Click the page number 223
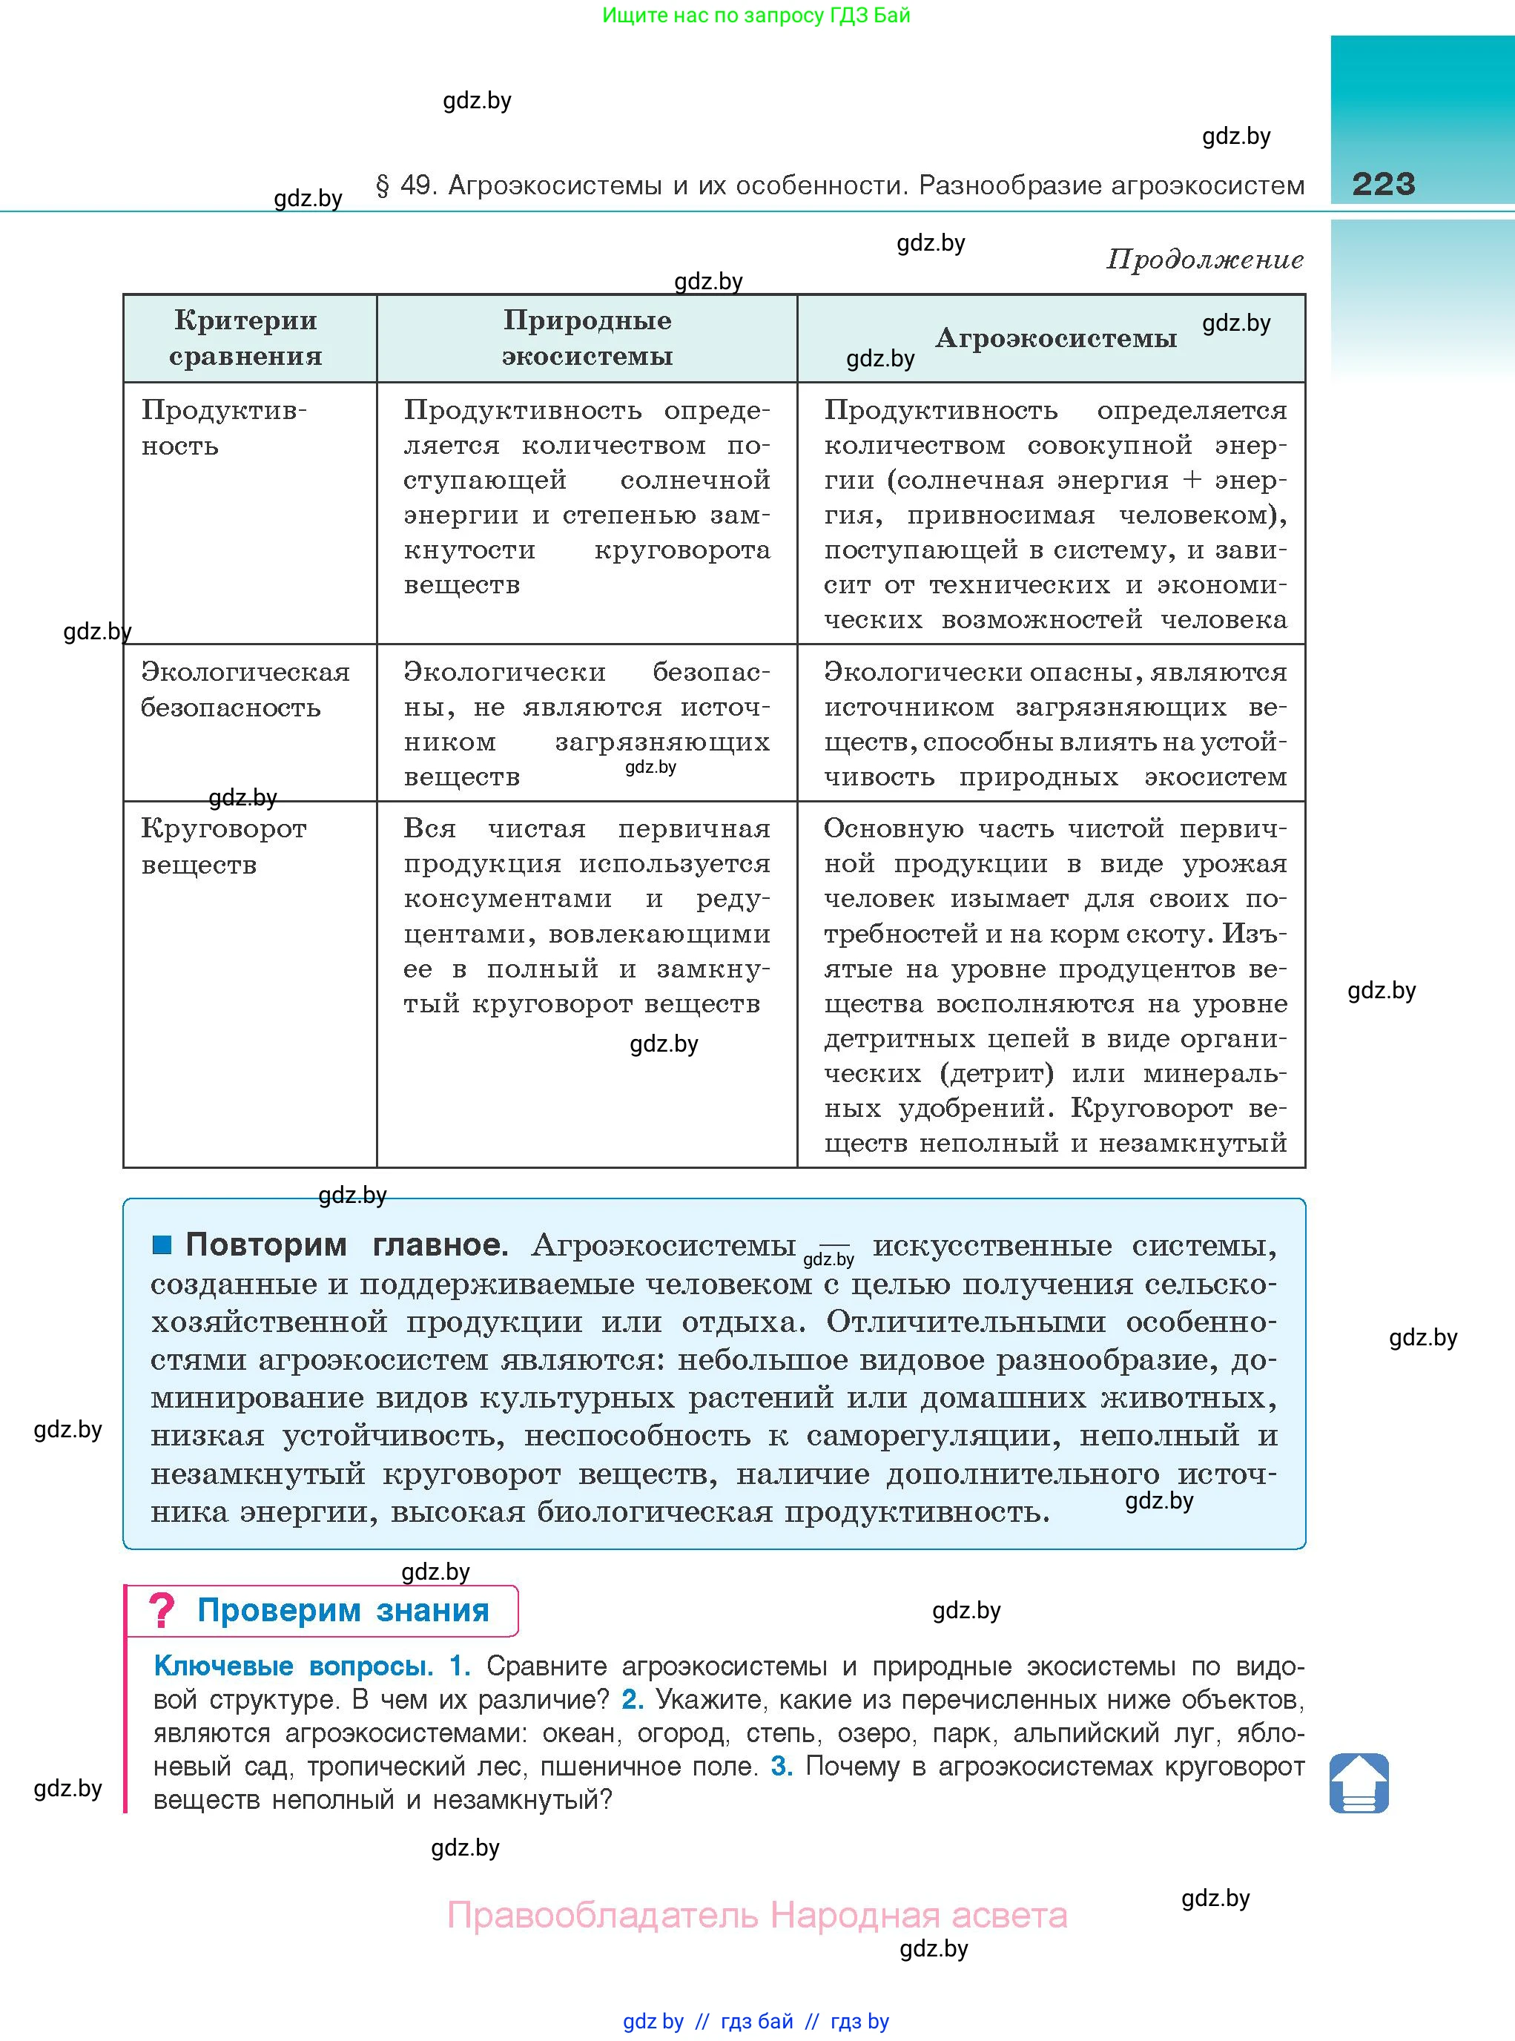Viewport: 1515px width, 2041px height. [x=1383, y=185]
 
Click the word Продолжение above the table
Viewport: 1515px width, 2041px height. [x=1204, y=260]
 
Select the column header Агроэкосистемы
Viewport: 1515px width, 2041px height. [x=1055, y=338]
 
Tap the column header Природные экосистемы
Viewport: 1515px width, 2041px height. [x=587, y=337]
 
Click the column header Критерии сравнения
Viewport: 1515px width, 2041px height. [x=245, y=337]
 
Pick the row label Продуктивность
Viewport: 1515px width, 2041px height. [x=223, y=427]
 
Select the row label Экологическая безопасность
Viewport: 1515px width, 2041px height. [x=244, y=690]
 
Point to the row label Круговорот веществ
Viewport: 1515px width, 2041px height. [x=223, y=845]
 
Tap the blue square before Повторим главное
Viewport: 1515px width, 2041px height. [x=162, y=1244]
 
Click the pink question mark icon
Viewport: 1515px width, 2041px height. [x=162, y=1611]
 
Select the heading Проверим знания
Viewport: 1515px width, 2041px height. [x=343, y=1611]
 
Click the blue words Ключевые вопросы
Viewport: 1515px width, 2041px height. [x=293, y=1666]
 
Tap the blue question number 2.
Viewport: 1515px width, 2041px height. [x=632, y=1700]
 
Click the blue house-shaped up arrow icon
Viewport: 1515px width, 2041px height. [x=1359, y=1782]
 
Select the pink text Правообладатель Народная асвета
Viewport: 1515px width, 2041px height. [x=756, y=1916]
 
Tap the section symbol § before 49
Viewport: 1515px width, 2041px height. [x=383, y=186]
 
